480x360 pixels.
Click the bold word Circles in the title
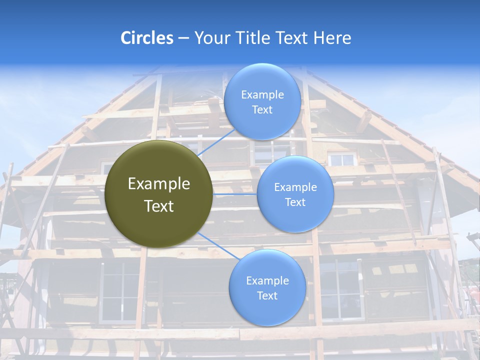click(x=147, y=38)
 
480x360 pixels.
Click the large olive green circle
click(x=159, y=194)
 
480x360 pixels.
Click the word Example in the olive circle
click(x=159, y=184)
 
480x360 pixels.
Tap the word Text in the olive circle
click(x=159, y=206)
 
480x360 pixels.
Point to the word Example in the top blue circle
click(x=262, y=95)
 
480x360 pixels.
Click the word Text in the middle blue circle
click(x=295, y=202)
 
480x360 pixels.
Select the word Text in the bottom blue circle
click(x=267, y=296)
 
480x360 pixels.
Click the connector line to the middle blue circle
click(x=235, y=193)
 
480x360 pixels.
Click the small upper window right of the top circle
click(x=342, y=159)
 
